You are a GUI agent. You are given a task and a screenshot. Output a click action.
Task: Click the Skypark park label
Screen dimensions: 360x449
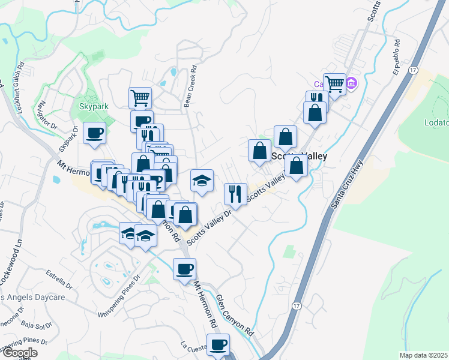tap(94, 107)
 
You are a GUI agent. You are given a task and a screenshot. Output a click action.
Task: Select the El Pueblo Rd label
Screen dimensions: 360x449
tap(396, 56)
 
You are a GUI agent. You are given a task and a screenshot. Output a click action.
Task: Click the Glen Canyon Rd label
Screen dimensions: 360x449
tap(235, 315)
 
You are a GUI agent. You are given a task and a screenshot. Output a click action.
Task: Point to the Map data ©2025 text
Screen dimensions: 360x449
tap(423, 355)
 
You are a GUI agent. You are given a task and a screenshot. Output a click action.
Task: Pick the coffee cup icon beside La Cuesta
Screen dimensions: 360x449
tap(218, 344)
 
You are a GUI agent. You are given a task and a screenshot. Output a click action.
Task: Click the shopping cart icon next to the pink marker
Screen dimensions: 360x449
tap(334, 84)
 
